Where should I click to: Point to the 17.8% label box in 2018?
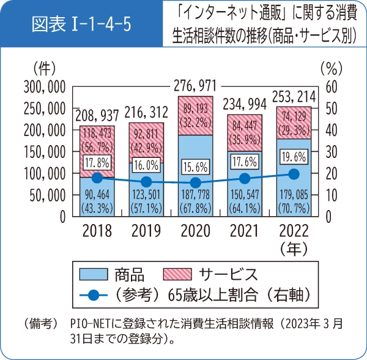pyautogui.click(x=97, y=163)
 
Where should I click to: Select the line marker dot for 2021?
pyautogui.click(x=245, y=178)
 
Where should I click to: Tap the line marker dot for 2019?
pyautogui.click(x=146, y=182)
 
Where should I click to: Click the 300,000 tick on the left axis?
pyautogui.click(x=43, y=86)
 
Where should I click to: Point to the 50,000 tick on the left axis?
pyautogui.click(x=47, y=195)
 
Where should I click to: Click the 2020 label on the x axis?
pyautogui.click(x=195, y=231)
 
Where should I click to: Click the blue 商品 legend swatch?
pyautogui.click(x=89, y=273)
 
